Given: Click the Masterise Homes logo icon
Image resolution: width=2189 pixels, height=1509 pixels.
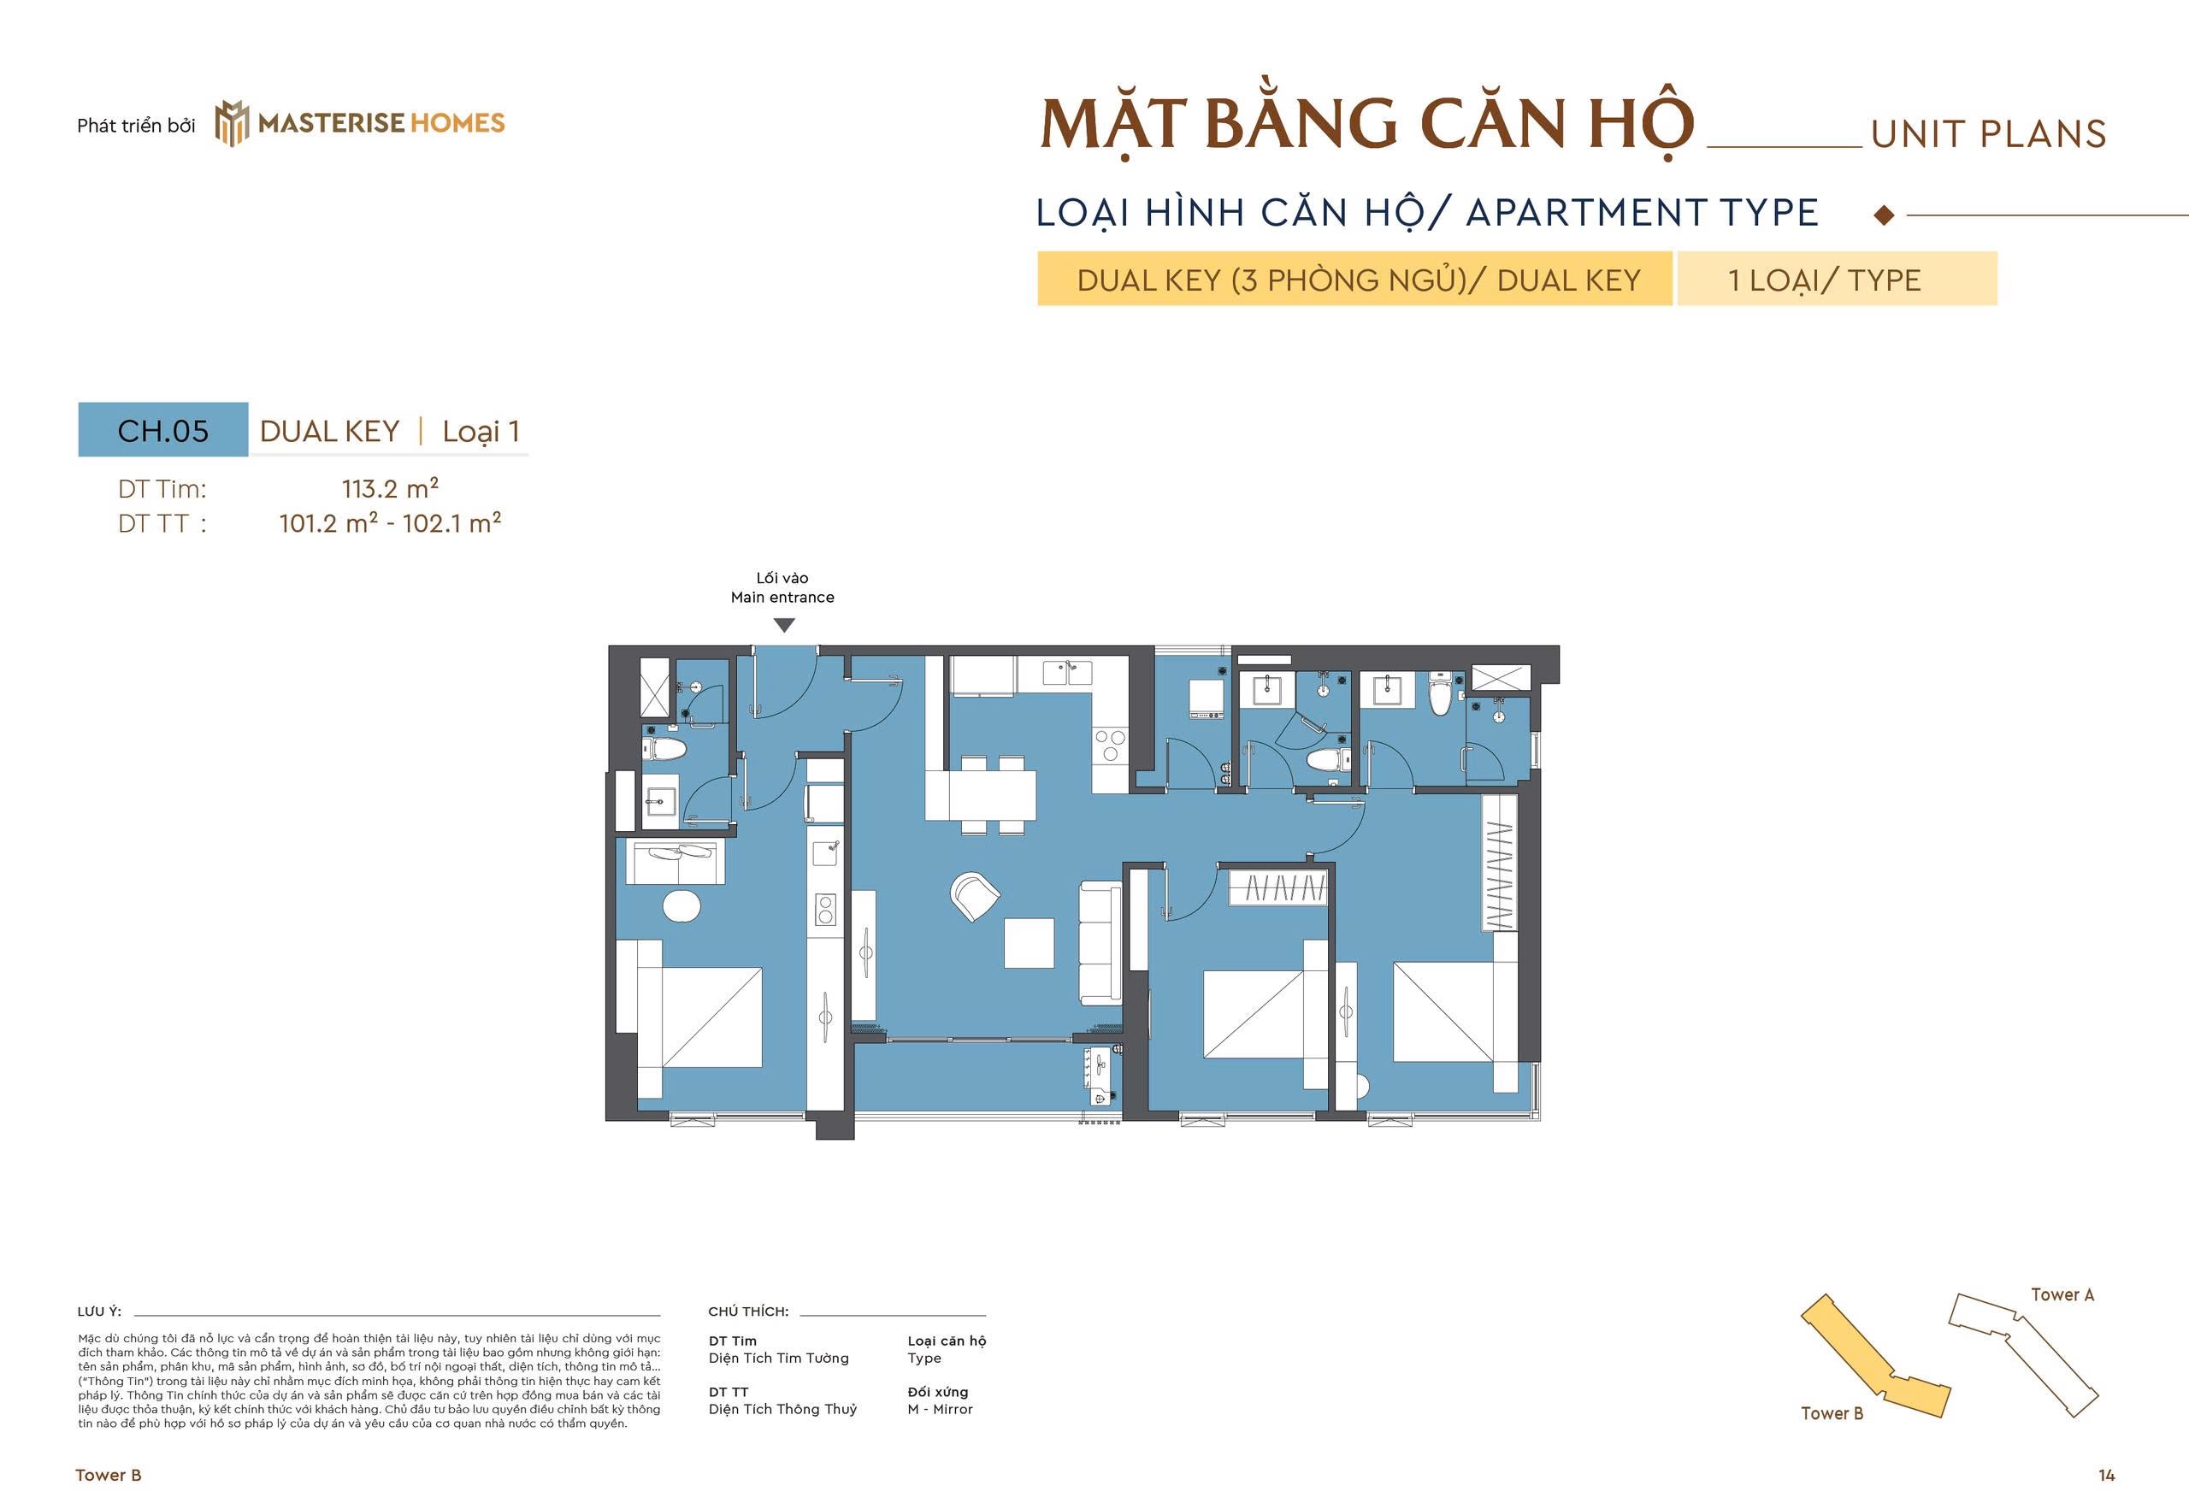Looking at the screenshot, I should [232, 124].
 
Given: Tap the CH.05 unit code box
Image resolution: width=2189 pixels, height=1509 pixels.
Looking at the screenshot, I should [162, 431].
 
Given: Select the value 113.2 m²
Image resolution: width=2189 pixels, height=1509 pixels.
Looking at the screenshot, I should [390, 489].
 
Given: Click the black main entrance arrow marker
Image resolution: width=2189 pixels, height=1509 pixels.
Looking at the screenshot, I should [784, 625].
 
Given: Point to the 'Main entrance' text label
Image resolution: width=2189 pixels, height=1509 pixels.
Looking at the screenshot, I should [782, 598].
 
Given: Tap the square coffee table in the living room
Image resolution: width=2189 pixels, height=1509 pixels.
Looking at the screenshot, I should [1029, 943].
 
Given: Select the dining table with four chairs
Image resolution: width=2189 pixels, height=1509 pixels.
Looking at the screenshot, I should [981, 795].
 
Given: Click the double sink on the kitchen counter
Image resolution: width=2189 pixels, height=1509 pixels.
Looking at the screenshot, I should [1067, 672].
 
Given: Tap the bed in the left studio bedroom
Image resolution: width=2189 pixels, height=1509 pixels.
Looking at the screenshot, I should [699, 1017].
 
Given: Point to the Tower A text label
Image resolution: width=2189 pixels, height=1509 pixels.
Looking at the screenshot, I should [2062, 1294].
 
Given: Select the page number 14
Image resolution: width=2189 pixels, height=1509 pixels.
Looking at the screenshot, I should [2106, 1475].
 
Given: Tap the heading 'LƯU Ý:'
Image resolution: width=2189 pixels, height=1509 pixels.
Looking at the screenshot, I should [99, 1312].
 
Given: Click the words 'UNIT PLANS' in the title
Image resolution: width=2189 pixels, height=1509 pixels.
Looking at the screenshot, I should [1987, 135].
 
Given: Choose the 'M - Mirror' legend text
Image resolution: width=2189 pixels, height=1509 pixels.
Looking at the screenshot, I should [940, 1409].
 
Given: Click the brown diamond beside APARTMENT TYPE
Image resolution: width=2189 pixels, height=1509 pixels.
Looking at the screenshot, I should [1884, 215].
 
